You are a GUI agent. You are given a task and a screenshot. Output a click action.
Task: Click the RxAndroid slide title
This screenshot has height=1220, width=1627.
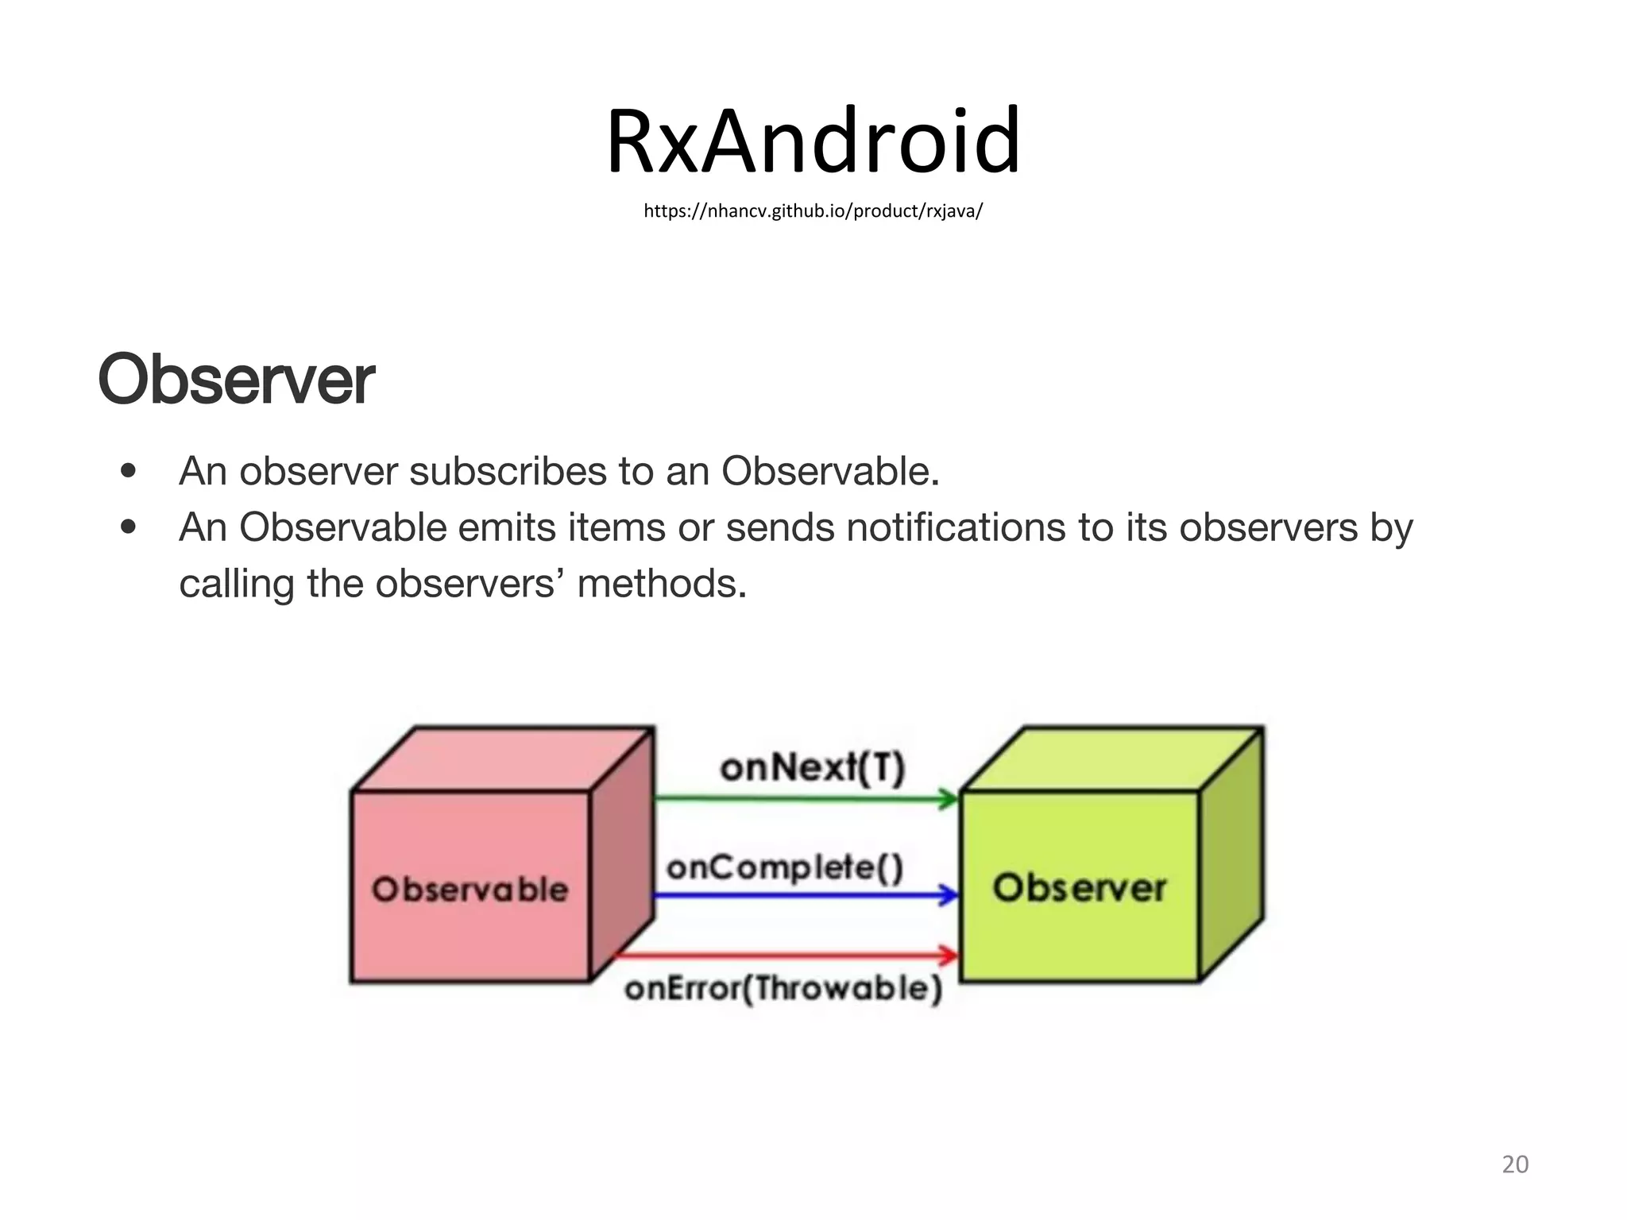tap(813, 141)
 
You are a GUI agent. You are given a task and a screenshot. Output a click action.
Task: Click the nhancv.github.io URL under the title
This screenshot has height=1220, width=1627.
tap(813, 210)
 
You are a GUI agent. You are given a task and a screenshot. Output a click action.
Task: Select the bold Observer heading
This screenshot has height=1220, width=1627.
tap(236, 380)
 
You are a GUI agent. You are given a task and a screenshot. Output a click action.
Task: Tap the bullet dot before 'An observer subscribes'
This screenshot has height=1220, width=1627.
tap(128, 471)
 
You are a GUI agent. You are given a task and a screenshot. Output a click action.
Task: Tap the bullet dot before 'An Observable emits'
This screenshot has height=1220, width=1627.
tap(128, 527)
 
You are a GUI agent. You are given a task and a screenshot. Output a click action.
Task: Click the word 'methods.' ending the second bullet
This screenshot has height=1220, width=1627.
tap(662, 584)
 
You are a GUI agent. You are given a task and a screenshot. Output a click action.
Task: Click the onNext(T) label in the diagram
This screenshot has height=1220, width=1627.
tap(812, 768)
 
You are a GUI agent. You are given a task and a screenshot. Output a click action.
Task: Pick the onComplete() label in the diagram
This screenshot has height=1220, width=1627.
tap(785, 867)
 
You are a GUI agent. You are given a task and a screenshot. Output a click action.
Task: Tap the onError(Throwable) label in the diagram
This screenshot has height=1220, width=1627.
tap(783, 989)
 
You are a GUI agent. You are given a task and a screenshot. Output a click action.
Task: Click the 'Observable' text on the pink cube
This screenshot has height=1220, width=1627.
tap(470, 890)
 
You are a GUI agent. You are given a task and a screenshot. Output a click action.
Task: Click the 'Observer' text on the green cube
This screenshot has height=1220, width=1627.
tap(1080, 888)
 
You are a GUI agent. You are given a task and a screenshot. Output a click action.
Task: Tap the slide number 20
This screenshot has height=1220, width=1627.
tap(1515, 1164)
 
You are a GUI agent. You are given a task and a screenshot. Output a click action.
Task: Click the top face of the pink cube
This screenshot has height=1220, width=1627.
tap(502, 759)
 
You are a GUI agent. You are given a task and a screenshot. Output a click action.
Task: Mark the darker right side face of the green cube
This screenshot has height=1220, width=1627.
tap(1231, 855)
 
